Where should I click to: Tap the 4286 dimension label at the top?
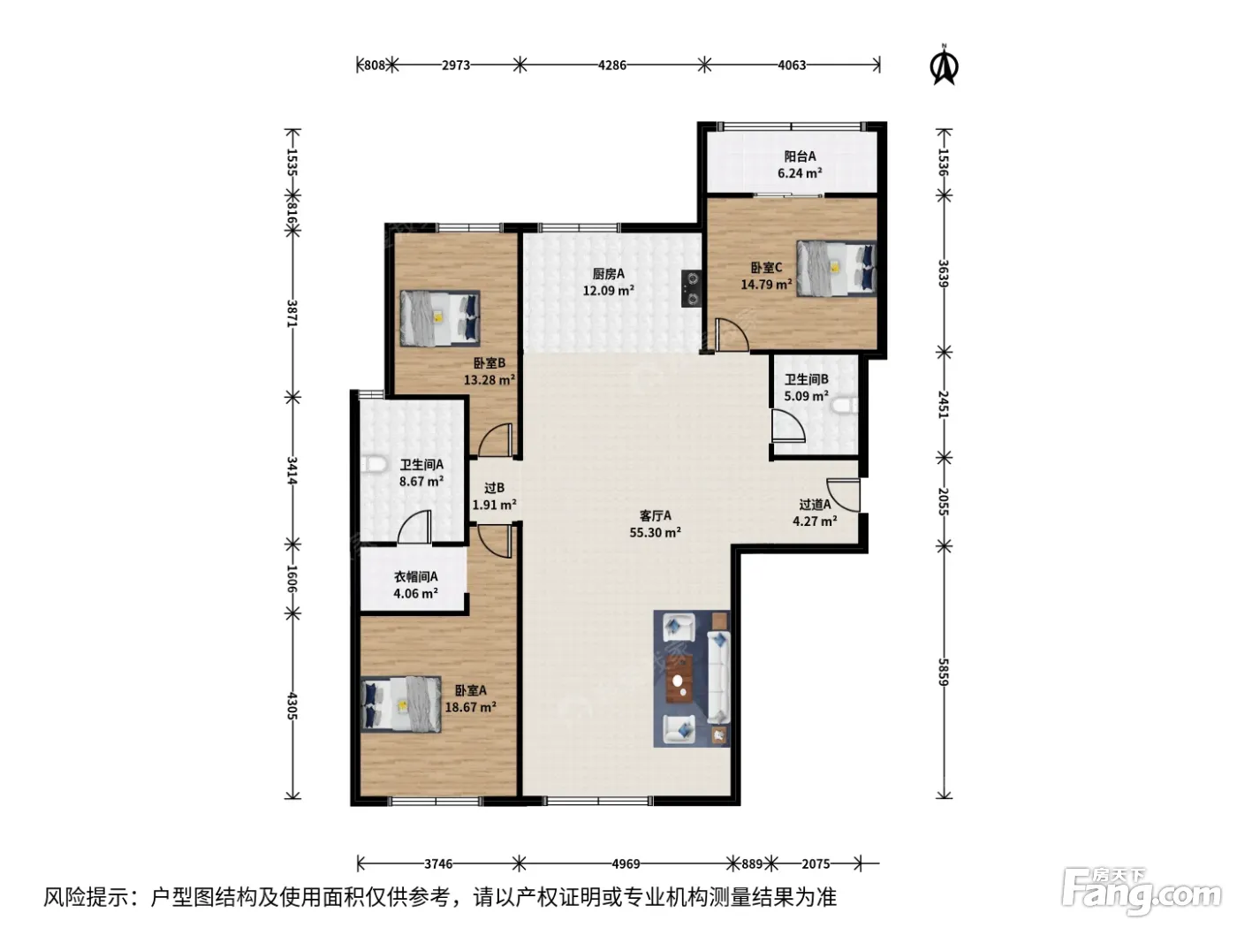click(611, 65)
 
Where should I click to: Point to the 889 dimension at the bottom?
click(751, 863)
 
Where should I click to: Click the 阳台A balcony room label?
click(800, 156)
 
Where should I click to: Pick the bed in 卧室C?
click(836, 268)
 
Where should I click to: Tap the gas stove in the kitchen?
click(692, 288)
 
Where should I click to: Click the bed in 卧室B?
click(439, 318)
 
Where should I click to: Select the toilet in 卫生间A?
click(373, 464)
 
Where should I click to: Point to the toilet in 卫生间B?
click(845, 406)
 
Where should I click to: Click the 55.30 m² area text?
click(655, 532)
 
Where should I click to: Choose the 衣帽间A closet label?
click(415, 576)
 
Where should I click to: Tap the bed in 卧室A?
click(400, 704)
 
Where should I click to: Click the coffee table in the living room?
click(679, 679)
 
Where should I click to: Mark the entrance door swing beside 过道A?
click(844, 495)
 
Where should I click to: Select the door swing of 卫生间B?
click(788, 425)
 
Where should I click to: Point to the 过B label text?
click(494, 488)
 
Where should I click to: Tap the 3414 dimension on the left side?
click(292, 470)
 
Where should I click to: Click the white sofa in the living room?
click(718, 677)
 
